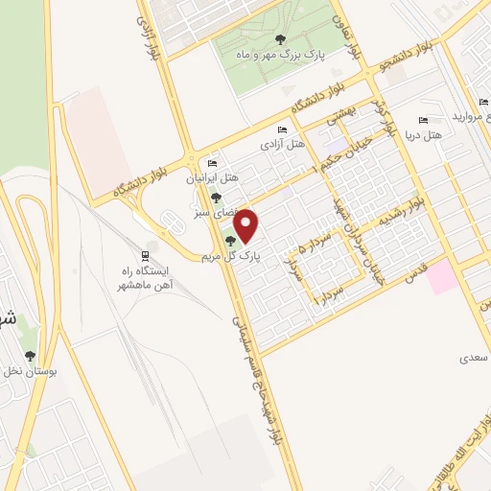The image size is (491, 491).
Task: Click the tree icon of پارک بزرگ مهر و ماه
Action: tap(280, 39)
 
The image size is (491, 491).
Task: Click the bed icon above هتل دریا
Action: tap(422, 122)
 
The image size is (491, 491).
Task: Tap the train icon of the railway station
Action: tap(145, 256)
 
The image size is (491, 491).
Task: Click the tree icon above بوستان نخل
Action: tap(30, 356)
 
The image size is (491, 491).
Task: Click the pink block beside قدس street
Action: tap(442, 277)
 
